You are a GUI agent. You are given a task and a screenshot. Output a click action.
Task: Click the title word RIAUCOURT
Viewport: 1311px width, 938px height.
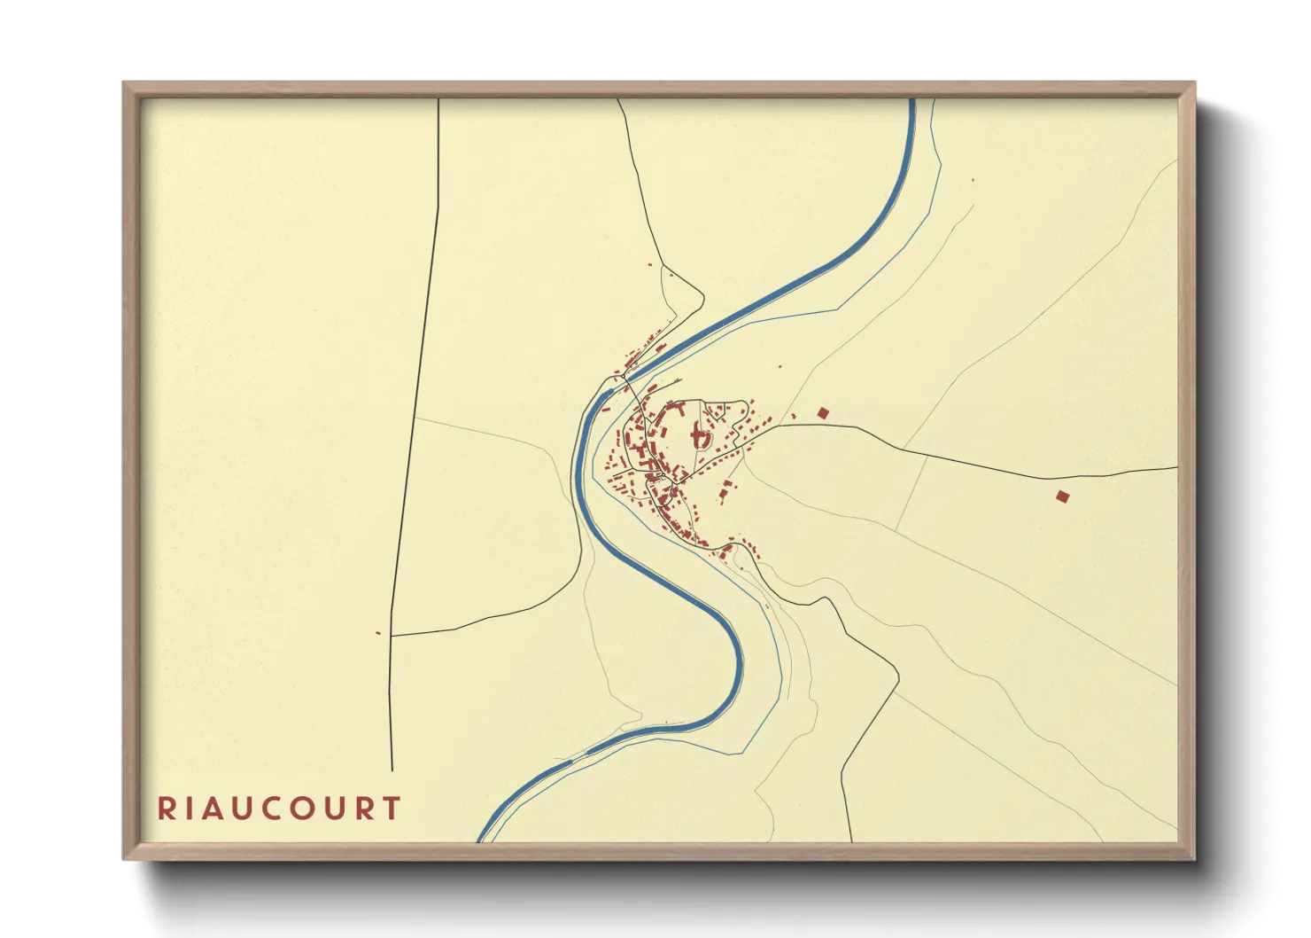[x=279, y=809]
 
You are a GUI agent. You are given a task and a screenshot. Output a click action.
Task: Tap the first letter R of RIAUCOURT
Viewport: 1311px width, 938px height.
[x=166, y=809]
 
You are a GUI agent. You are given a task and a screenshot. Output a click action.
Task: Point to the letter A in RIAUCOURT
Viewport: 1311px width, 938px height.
[x=213, y=809]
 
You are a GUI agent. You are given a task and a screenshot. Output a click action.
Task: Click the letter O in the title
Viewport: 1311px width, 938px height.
[x=306, y=809]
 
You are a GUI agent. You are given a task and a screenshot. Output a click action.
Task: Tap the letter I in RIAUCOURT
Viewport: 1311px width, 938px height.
[x=190, y=809]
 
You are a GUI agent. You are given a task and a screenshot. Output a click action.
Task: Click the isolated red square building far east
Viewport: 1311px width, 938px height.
[x=1062, y=496]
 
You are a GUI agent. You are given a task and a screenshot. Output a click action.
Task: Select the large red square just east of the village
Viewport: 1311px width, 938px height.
[x=823, y=412]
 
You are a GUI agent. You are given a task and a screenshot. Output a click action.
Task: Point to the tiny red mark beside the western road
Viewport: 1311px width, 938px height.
[x=378, y=633]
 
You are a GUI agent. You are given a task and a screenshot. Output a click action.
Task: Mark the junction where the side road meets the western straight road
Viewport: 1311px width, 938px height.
[x=392, y=636]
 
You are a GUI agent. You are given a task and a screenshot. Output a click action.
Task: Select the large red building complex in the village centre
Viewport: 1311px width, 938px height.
[x=698, y=437]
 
